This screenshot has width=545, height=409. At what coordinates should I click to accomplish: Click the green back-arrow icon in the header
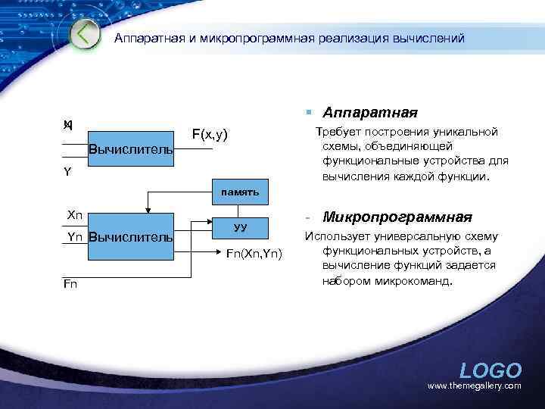pyautogui.click(x=86, y=35)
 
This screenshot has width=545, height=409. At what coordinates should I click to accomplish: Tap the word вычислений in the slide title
pyautogui.click(x=428, y=38)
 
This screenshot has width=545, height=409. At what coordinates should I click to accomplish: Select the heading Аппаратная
pyautogui.click(x=370, y=113)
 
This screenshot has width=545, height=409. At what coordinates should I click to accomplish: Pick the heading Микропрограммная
pyautogui.click(x=397, y=217)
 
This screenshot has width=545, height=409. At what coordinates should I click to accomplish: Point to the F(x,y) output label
pyautogui.click(x=210, y=134)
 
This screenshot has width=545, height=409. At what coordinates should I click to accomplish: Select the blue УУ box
pyautogui.click(x=240, y=226)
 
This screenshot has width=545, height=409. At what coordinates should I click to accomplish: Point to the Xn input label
pyautogui.click(x=75, y=215)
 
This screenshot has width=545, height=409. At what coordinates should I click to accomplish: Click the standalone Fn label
pyautogui.click(x=70, y=283)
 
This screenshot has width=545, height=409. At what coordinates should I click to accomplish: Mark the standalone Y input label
pyautogui.click(x=67, y=172)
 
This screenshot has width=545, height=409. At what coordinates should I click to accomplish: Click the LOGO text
pyautogui.click(x=490, y=370)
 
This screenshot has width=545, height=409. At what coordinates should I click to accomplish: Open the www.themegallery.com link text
pyautogui.click(x=475, y=386)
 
